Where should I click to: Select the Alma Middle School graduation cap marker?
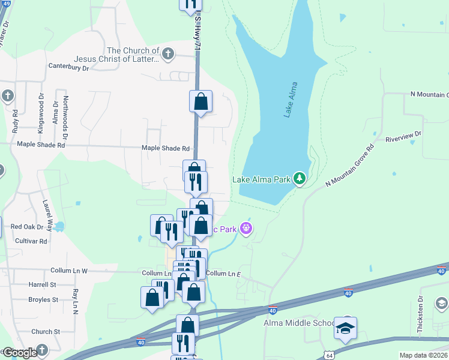pyautogui.click(x=345, y=328)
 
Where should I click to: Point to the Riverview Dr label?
pyautogui.click(x=403, y=136)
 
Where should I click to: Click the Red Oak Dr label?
pyautogui.click(x=28, y=227)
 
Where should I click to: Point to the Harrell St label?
pyautogui.click(x=42, y=284)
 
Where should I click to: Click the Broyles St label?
pyautogui.click(x=43, y=299)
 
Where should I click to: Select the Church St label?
pyautogui.click(x=46, y=331)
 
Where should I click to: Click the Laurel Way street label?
pyautogui.click(x=47, y=213)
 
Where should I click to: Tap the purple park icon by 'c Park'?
pyautogui.click(x=246, y=229)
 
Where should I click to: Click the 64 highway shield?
pyautogui.click(x=329, y=355)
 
